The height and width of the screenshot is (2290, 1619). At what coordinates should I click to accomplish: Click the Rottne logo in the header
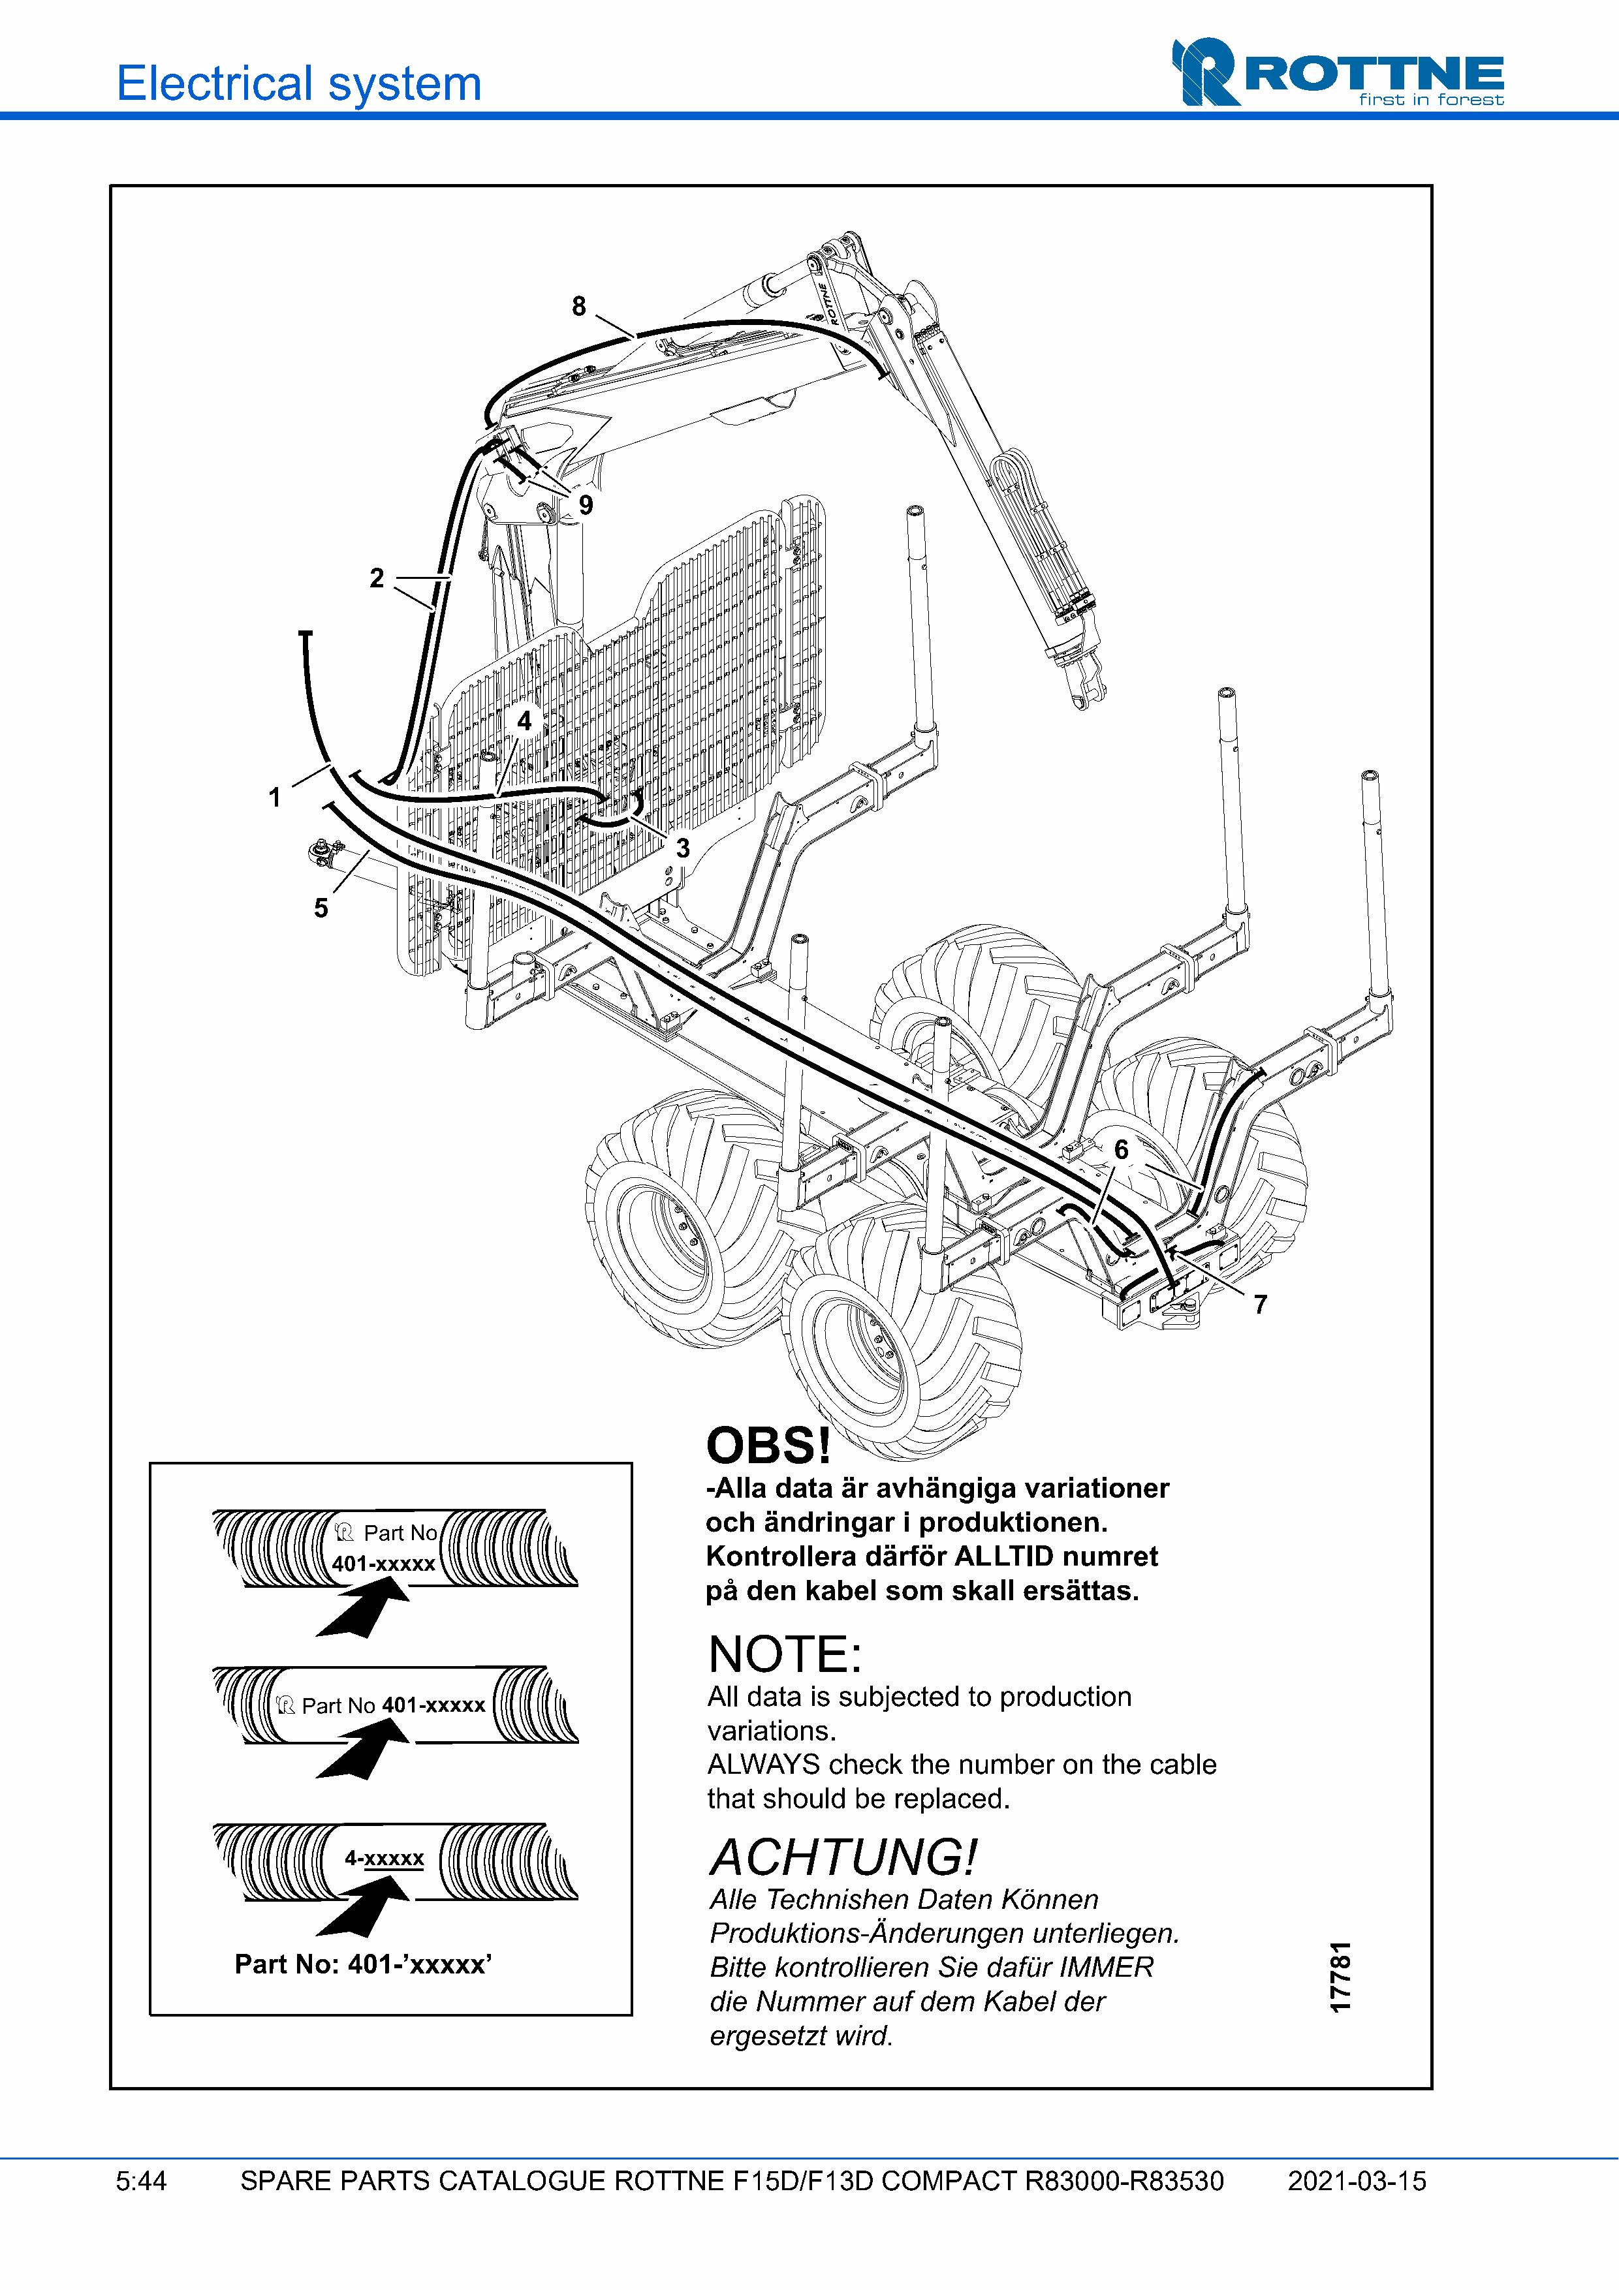[x=1337, y=73]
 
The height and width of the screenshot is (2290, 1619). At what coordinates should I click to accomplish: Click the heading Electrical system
[x=299, y=84]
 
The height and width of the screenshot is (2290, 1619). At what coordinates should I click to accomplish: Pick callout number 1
[x=274, y=797]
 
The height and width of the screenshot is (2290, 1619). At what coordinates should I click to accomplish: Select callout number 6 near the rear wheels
[x=1122, y=1150]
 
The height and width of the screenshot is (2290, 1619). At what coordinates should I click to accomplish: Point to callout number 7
[x=1260, y=1305]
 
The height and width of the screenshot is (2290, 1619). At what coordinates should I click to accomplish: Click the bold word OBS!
[x=768, y=1446]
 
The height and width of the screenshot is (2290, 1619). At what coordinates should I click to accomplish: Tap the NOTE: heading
[x=784, y=1654]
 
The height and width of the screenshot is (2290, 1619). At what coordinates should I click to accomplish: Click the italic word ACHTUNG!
[x=843, y=1857]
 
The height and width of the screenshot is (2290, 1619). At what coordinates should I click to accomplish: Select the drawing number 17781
[x=1341, y=1977]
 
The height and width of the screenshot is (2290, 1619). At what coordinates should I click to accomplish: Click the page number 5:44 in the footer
[x=140, y=2181]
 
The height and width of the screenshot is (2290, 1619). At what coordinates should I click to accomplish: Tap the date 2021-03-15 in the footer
[x=1357, y=2181]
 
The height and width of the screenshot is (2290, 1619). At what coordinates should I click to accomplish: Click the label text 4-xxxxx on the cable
[x=384, y=1858]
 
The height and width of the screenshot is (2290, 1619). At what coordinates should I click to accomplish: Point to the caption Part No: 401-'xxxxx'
[x=363, y=1964]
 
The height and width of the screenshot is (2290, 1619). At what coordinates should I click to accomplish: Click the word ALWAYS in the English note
[x=763, y=1765]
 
